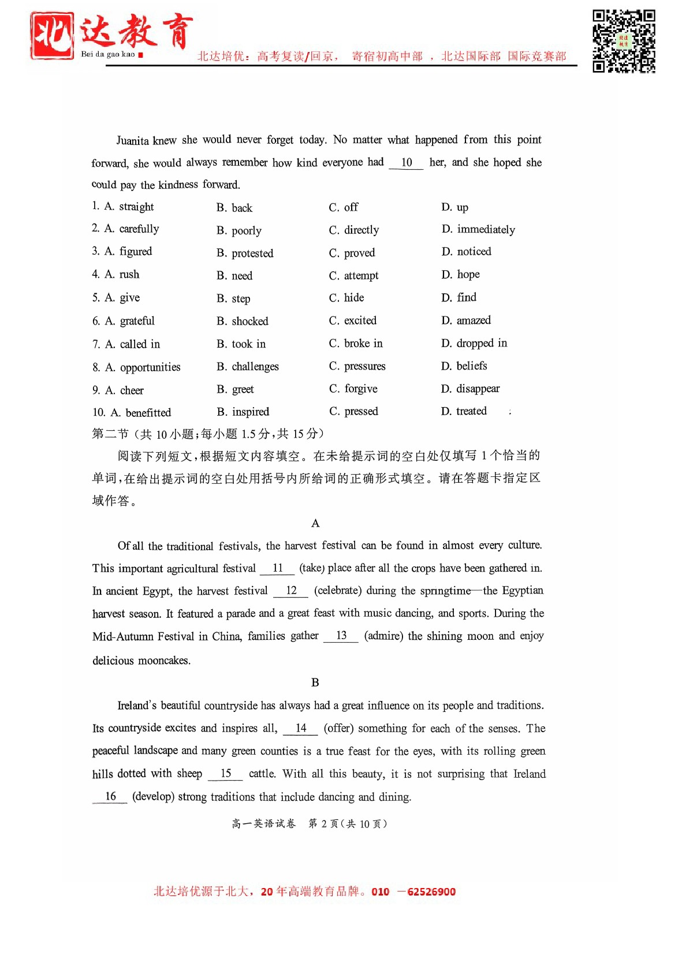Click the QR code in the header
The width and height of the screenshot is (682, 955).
click(x=624, y=41)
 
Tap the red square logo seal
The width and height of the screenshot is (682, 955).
click(x=52, y=36)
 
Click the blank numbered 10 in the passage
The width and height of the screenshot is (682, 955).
click(x=407, y=163)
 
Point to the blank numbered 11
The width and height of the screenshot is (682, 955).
click(x=278, y=568)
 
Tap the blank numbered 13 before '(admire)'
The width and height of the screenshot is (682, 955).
click(x=341, y=636)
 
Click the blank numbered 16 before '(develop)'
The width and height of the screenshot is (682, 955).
click(x=110, y=797)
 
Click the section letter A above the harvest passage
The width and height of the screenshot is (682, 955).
click(x=315, y=523)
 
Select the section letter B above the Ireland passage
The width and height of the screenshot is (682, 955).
click(x=315, y=682)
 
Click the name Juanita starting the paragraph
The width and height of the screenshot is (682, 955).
click(x=132, y=140)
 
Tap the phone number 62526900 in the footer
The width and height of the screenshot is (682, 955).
click(x=431, y=891)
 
